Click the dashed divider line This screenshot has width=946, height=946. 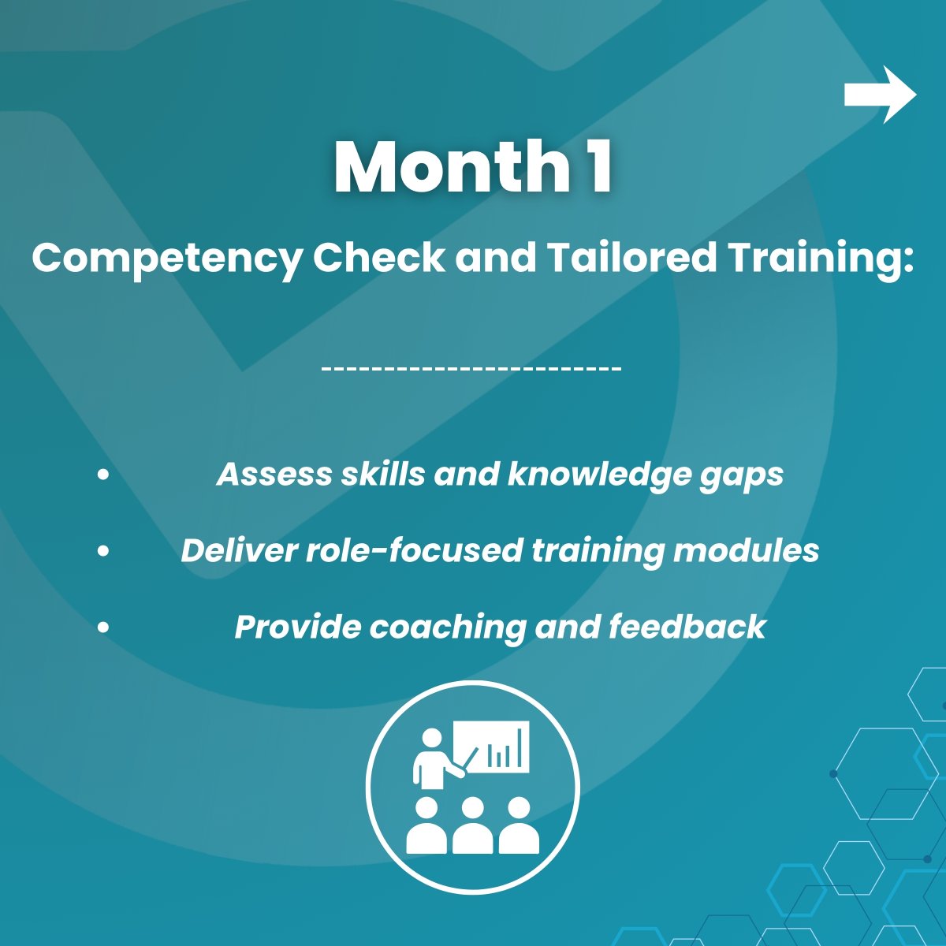tap(472, 368)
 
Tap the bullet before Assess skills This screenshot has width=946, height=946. tap(103, 475)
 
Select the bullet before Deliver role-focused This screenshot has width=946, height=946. tap(103, 551)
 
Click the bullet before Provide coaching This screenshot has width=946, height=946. tap(103, 628)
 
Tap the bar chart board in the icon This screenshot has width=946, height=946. tap(498, 746)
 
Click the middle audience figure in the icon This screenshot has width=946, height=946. tap(472, 825)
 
